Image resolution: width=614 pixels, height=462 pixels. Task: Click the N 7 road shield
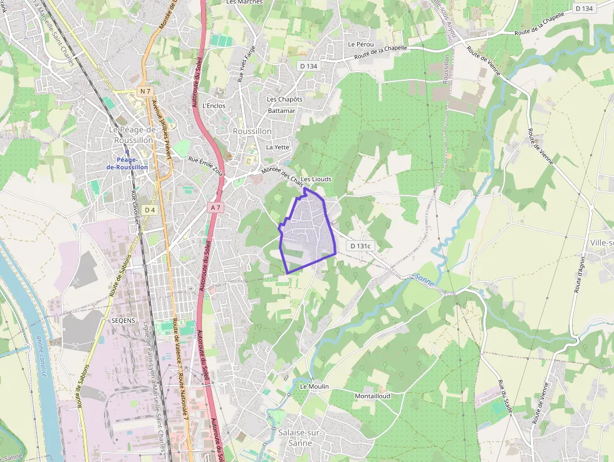point(146,92)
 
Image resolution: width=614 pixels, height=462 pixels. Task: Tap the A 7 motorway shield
point(216,207)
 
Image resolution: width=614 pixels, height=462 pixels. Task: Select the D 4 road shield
point(149,210)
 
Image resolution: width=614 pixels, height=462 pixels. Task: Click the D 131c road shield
point(361,246)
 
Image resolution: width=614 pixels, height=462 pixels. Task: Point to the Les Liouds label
point(316,179)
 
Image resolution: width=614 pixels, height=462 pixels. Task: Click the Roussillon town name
point(252,131)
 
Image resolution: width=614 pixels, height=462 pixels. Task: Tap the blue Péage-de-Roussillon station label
point(127,163)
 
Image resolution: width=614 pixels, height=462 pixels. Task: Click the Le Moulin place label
point(314,386)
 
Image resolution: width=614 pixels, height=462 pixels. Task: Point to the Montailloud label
point(372,396)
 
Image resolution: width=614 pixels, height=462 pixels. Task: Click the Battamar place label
point(281,110)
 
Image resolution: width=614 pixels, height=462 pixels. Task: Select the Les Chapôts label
point(284,99)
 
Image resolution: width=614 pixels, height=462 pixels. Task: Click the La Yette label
point(278,147)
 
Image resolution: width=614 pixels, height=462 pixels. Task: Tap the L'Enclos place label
point(214,105)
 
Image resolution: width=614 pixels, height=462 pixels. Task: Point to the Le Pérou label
point(361,44)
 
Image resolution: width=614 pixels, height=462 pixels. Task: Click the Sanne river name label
point(424,276)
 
